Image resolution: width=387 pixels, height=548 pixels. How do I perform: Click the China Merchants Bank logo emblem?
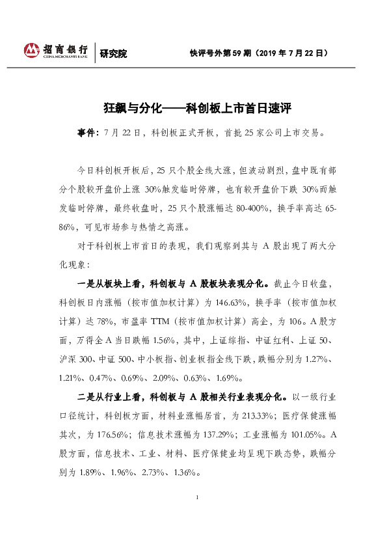point(32,50)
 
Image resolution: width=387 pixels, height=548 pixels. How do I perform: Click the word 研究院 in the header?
point(113,53)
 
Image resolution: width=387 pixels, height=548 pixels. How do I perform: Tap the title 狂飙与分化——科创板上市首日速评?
point(193,107)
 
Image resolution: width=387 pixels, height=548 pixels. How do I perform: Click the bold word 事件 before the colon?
point(85,133)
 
